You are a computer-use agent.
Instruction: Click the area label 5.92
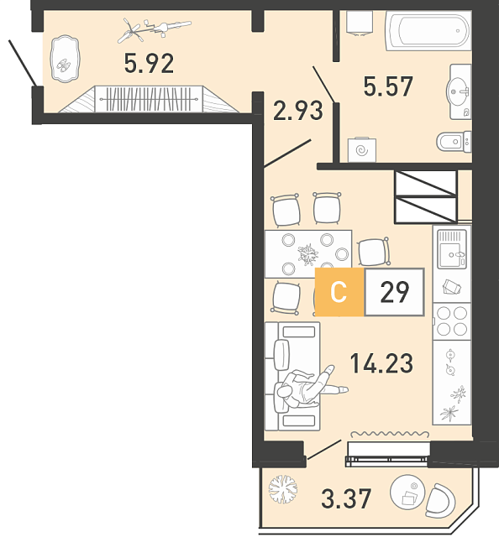pyautogui.click(x=150, y=64)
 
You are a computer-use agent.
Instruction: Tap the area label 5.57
pyautogui.click(x=388, y=86)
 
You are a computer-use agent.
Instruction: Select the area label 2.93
pyautogui.click(x=298, y=110)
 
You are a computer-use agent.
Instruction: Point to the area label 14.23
pyautogui.click(x=381, y=363)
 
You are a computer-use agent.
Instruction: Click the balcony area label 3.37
pyautogui.click(x=346, y=498)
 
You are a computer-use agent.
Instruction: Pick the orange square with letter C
pyautogui.click(x=339, y=292)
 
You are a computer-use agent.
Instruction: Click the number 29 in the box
pyautogui.click(x=394, y=292)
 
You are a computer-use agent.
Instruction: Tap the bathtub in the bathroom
pyautogui.click(x=428, y=30)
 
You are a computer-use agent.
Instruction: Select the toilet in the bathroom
pyautogui.click(x=454, y=142)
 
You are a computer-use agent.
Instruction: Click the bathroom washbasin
pyautogui.click(x=459, y=91)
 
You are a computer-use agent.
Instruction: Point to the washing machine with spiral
pyautogui.click(x=362, y=149)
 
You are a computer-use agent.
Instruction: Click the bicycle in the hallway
pyautogui.click(x=155, y=30)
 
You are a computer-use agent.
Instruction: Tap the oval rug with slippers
pyautogui.click(x=65, y=59)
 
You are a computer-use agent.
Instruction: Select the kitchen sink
pyautogui.click(x=452, y=249)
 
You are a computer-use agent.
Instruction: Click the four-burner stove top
pyautogui.click(x=452, y=321)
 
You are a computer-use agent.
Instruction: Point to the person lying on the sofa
pyautogui.click(x=310, y=387)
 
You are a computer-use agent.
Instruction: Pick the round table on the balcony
pyautogui.click(x=407, y=493)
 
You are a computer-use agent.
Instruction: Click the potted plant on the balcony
pyautogui.click(x=283, y=488)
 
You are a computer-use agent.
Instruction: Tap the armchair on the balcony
pyautogui.click(x=440, y=501)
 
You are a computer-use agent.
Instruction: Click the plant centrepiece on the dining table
pyautogui.click(x=308, y=254)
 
